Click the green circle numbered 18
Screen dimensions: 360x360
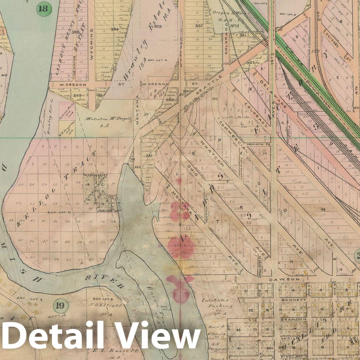tap(43, 8)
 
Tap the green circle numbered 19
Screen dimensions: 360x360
tap(60, 305)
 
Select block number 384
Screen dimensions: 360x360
tap(114, 29)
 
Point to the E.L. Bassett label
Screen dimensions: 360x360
tap(116, 350)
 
